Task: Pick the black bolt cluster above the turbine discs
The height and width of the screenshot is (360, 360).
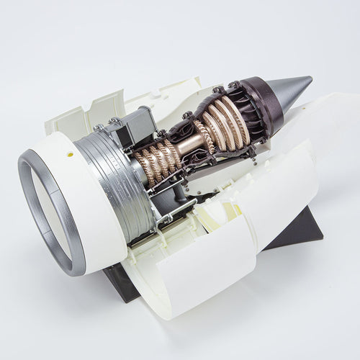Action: (219, 91)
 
